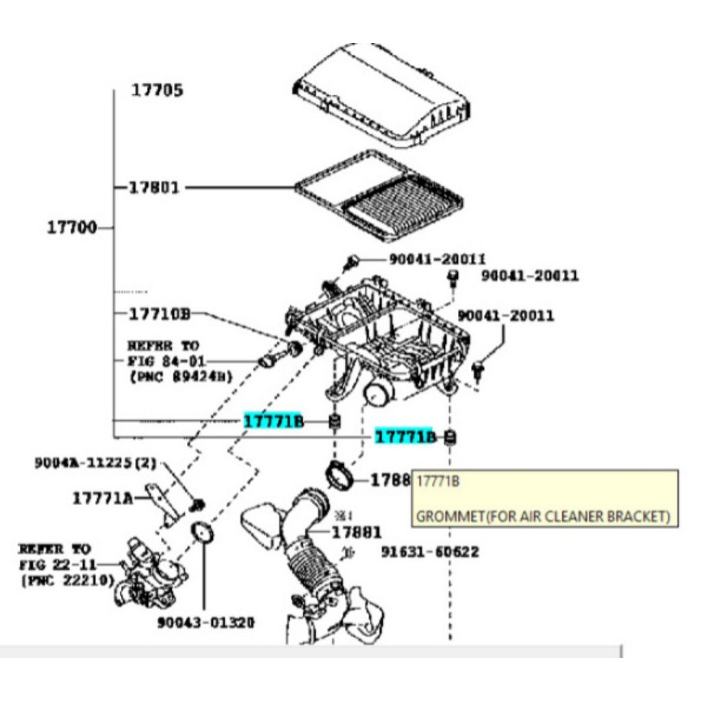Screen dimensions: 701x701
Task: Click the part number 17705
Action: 157,90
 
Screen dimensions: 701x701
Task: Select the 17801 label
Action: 154,187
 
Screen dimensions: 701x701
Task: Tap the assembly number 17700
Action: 71,227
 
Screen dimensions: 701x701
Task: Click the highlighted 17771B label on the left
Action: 272,421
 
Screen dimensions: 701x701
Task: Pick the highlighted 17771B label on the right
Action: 404,436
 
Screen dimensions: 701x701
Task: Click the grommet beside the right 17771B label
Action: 450,437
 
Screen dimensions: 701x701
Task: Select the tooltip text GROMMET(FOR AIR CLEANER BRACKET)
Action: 543,516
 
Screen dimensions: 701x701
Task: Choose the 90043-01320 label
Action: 205,622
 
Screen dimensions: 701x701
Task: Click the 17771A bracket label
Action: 103,498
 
